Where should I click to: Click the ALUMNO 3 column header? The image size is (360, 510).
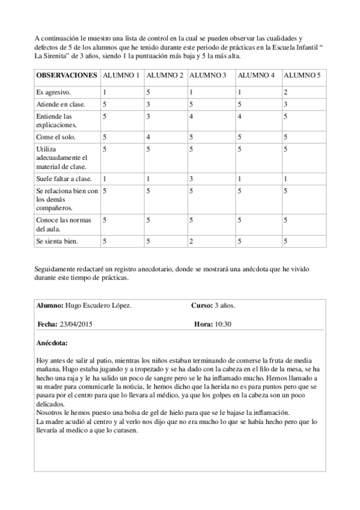207,75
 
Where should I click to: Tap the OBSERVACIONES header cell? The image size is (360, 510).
67,75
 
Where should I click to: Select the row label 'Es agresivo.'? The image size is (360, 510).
53,93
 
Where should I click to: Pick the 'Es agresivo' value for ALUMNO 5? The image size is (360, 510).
285,93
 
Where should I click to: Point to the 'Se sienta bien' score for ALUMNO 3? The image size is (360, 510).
191,241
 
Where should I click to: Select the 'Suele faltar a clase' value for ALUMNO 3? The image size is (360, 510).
191,179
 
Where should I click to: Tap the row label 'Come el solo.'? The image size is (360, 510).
56,137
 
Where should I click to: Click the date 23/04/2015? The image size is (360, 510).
76,324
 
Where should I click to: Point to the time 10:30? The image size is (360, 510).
222,324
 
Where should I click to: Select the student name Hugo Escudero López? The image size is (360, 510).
98,306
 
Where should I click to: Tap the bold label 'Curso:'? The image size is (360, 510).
201,306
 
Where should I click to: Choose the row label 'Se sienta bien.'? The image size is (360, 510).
58,241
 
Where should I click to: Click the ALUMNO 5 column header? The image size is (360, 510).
302,75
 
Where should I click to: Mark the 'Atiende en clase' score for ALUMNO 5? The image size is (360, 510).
285,104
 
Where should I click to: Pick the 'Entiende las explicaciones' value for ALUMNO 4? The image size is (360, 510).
239,116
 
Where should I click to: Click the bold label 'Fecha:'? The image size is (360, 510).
47,324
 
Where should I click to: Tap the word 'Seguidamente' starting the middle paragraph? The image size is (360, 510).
56,270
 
